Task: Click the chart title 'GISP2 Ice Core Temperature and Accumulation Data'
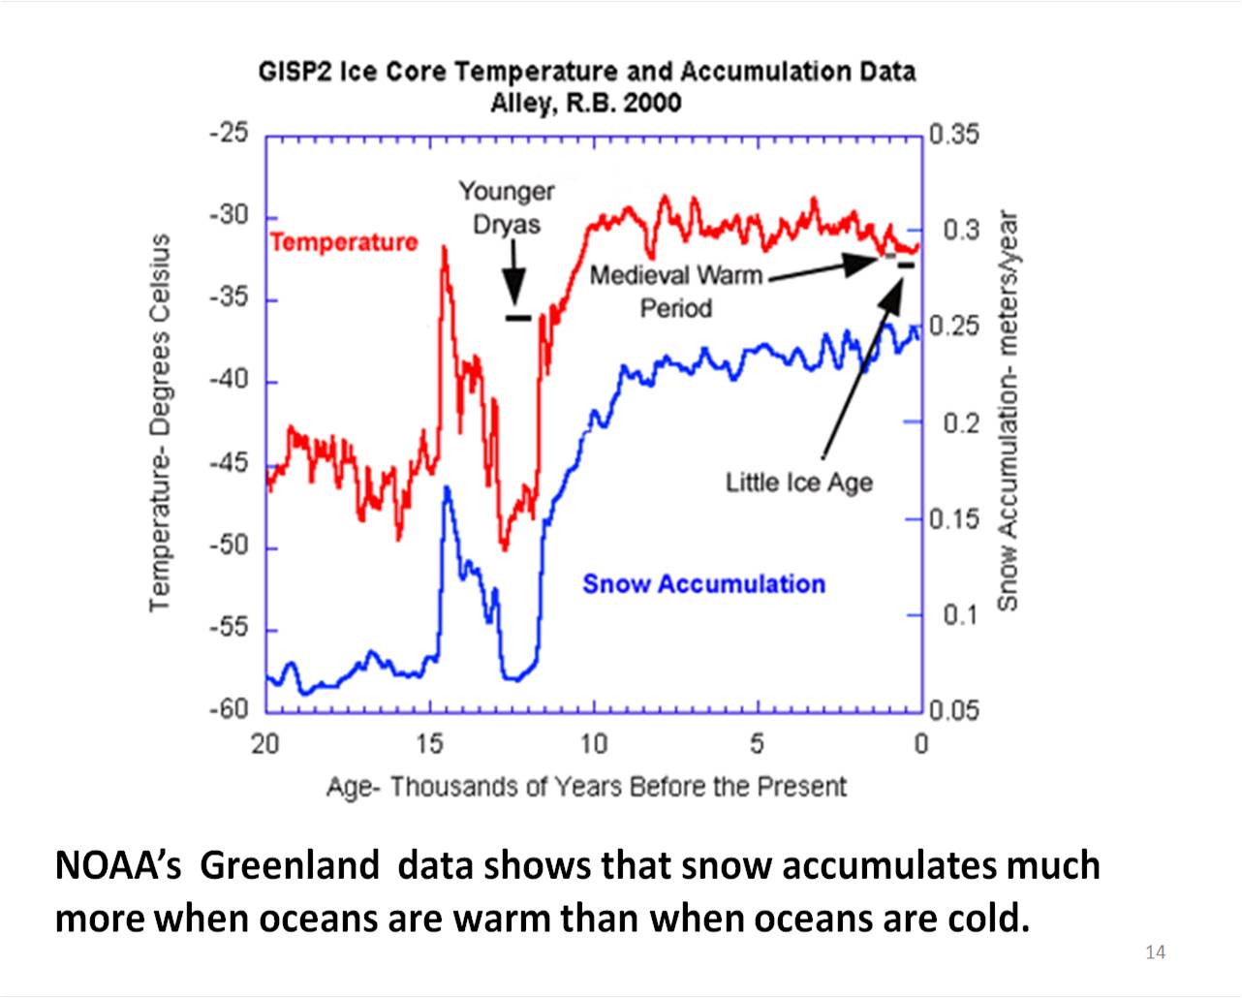pyautogui.click(x=586, y=72)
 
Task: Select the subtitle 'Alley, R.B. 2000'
pyautogui.click(x=585, y=103)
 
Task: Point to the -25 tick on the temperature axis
pyautogui.click(x=230, y=133)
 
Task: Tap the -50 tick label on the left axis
pyautogui.click(x=230, y=546)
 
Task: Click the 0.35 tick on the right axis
pyautogui.click(x=953, y=134)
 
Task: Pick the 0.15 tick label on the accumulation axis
pyautogui.click(x=953, y=519)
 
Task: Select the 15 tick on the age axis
pyautogui.click(x=429, y=744)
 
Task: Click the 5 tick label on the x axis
pyautogui.click(x=757, y=744)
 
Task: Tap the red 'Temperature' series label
pyautogui.click(x=344, y=241)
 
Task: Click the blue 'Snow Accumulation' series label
pyautogui.click(x=703, y=584)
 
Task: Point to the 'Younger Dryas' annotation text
pyautogui.click(x=506, y=207)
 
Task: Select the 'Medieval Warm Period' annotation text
pyautogui.click(x=675, y=291)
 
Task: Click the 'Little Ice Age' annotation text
pyautogui.click(x=799, y=483)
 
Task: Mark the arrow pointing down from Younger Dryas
pyautogui.click(x=514, y=276)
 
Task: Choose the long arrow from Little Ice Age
pyautogui.click(x=860, y=373)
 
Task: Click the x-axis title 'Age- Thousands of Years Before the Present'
pyautogui.click(x=586, y=786)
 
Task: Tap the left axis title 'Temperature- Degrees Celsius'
pyautogui.click(x=160, y=422)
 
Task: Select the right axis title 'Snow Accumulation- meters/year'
pyautogui.click(x=1008, y=411)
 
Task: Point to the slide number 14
pyautogui.click(x=1155, y=951)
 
